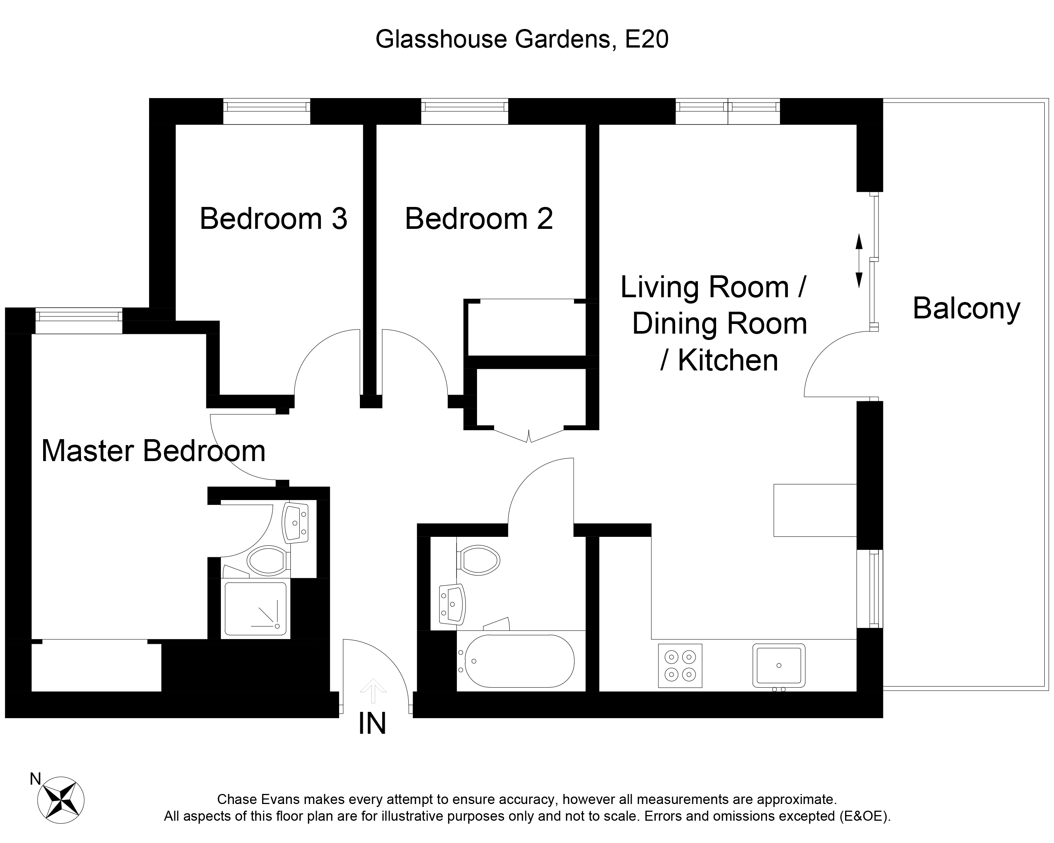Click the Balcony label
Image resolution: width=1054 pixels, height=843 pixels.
point(967,309)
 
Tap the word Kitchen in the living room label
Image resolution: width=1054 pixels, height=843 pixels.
point(728,360)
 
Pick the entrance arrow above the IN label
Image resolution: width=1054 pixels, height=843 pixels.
point(373,690)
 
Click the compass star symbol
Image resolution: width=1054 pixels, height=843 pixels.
point(61,800)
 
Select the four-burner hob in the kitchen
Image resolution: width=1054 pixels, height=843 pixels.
point(680,666)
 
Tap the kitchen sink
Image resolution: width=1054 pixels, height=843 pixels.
point(779,666)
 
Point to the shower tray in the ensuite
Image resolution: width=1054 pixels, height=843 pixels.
point(255,608)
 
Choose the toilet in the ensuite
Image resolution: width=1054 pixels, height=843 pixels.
point(267,560)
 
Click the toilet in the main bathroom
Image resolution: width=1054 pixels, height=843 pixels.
point(478,560)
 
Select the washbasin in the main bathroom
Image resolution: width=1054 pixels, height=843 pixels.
point(452,604)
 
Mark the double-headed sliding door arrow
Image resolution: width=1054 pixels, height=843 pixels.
point(858,261)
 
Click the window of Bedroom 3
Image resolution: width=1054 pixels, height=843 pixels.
point(267,111)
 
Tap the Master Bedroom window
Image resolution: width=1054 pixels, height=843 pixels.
point(79,321)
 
